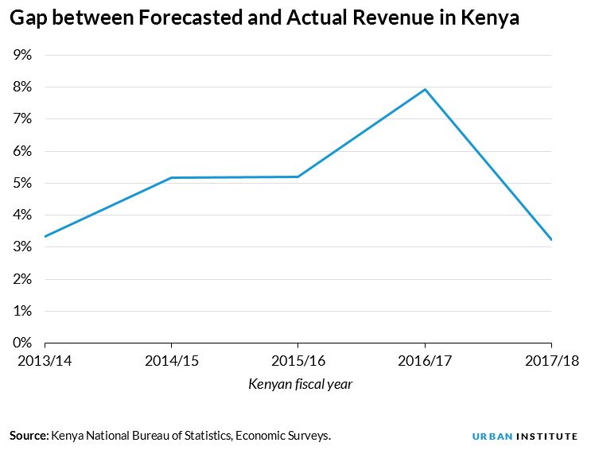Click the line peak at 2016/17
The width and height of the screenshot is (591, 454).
click(426, 89)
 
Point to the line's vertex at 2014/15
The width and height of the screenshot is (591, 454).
click(171, 177)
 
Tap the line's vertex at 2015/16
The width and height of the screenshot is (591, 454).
click(298, 177)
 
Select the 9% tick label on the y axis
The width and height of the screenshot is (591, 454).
click(21, 55)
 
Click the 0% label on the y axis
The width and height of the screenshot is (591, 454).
click(21, 343)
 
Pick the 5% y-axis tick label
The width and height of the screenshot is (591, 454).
click(21, 183)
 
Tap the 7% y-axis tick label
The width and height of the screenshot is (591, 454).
click(21, 119)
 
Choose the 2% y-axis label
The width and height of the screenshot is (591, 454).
click(21, 279)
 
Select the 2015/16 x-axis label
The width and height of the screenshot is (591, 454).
click(298, 361)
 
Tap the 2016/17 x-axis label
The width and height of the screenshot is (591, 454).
click(426, 361)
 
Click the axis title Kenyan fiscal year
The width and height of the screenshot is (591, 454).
click(300, 385)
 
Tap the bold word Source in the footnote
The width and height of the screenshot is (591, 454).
click(29, 436)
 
